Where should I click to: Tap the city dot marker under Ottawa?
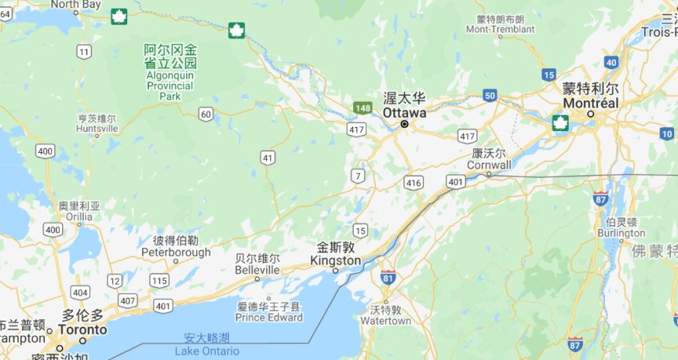click(x=404, y=124)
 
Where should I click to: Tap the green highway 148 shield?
click(x=362, y=108)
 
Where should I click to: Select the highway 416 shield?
click(x=413, y=183)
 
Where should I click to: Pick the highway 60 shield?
click(x=205, y=114)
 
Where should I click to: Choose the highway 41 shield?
click(x=268, y=157)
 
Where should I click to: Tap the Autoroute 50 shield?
click(x=489, y=95)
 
